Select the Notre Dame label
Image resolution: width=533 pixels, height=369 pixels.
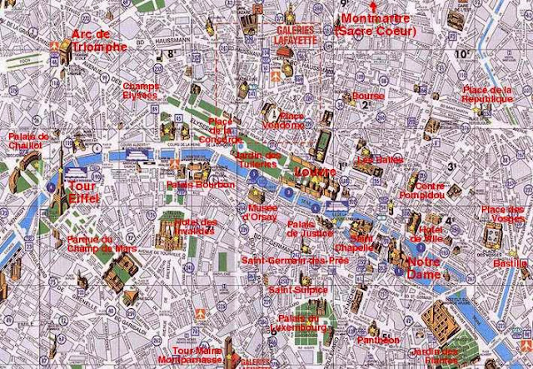(425, 267)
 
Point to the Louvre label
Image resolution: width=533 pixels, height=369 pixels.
(316, 172)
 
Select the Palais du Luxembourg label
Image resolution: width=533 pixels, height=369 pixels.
(298, 323)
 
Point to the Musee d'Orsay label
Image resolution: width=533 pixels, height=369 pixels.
(258, 212)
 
